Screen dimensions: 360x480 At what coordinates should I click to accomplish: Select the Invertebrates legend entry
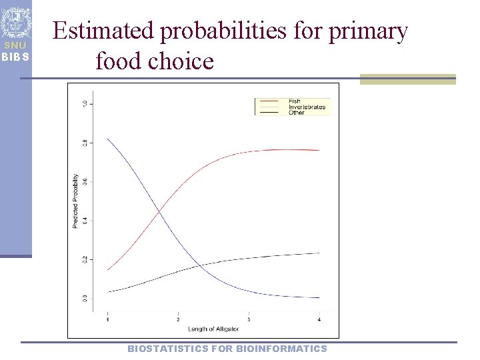(x=306, y=107)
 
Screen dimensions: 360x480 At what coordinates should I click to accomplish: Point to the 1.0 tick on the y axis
(x=84, y=103)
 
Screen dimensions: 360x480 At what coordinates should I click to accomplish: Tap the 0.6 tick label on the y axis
(x=84, y=181)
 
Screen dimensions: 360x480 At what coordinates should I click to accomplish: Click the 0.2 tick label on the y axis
(x=84, y=259)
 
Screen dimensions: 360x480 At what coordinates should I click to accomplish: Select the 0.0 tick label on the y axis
(x=84, y=297)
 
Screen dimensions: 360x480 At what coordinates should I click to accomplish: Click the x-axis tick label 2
(x=178, y=320)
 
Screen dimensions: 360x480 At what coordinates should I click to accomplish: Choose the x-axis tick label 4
(x=319, y=320)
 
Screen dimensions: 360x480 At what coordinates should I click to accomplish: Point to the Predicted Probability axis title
(x=75, y=201)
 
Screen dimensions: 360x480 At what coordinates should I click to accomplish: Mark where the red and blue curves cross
(x=159, y=212)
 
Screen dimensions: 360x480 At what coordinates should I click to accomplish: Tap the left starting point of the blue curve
(x=107, y=139)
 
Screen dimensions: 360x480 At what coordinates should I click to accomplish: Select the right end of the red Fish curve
(x=319, y=150)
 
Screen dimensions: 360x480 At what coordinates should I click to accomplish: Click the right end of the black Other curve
(x=319, y=253)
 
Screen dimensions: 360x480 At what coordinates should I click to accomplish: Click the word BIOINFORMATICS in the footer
(x=281, y=349)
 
